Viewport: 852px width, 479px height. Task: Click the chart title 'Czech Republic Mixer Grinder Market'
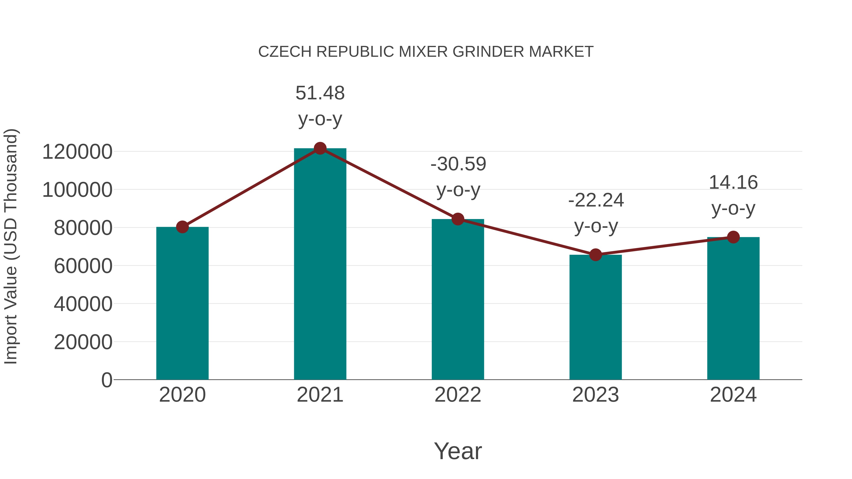426,52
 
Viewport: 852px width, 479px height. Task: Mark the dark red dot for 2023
595,255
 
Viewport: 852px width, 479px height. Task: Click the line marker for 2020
182,227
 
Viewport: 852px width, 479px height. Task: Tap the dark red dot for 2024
733,237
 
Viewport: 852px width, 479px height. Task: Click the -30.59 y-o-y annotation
458,177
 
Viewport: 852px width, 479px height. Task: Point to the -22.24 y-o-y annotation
596,213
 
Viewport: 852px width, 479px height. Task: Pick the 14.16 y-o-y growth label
733,195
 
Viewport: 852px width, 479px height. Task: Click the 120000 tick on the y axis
77,152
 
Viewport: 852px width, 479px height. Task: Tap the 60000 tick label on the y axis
83,266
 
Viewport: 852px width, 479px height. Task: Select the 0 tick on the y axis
107,380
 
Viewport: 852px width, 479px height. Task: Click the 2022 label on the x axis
458,395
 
